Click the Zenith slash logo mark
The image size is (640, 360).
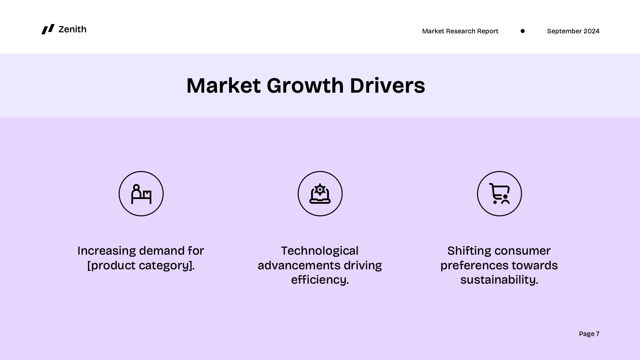coord(48,29)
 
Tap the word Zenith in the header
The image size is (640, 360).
coord(72,29)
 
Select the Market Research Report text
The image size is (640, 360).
coord(460,31)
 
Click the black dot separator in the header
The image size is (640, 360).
coord(523,31)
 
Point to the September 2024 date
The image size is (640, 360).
coord(573,31)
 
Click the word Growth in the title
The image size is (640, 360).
coord(305,85)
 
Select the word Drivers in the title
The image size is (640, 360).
coord(387,85)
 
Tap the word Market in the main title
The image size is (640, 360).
coord(223,85)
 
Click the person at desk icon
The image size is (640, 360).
coord(141,194)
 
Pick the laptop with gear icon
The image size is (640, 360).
coord(320,194)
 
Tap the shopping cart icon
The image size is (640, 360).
coord(499,194)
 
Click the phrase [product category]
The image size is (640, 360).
coord(141,265)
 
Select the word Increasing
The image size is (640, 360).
coord(106,251)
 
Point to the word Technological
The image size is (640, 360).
coord(320,251)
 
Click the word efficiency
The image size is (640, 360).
coord(320,280)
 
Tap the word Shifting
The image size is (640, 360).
coord(466,251)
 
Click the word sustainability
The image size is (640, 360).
coord(499,280)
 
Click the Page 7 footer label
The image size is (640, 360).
coord(589,334)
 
